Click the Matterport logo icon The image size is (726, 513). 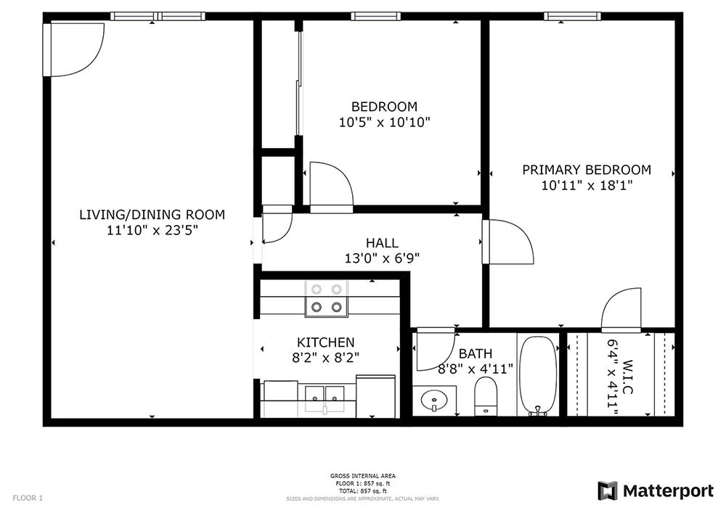click(x=607, y=491)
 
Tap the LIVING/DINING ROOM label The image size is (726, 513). click(x=152, y=215)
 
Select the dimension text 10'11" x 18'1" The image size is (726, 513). click(x=587, y=185)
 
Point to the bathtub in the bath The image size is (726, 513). click(x=538, y=375)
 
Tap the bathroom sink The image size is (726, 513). click(x=434, y=399)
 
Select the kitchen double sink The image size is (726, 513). click(x=325, y=395)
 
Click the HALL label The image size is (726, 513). click(x=382, y=243)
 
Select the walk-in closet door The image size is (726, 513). click(x=621, y=311)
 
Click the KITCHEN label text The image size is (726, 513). click(x=326, y=342)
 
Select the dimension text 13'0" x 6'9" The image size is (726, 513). click(x=382, y=258)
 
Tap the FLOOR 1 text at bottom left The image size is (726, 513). click(x=28, y=498)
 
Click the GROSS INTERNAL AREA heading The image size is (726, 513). click(x=363, y=476)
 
